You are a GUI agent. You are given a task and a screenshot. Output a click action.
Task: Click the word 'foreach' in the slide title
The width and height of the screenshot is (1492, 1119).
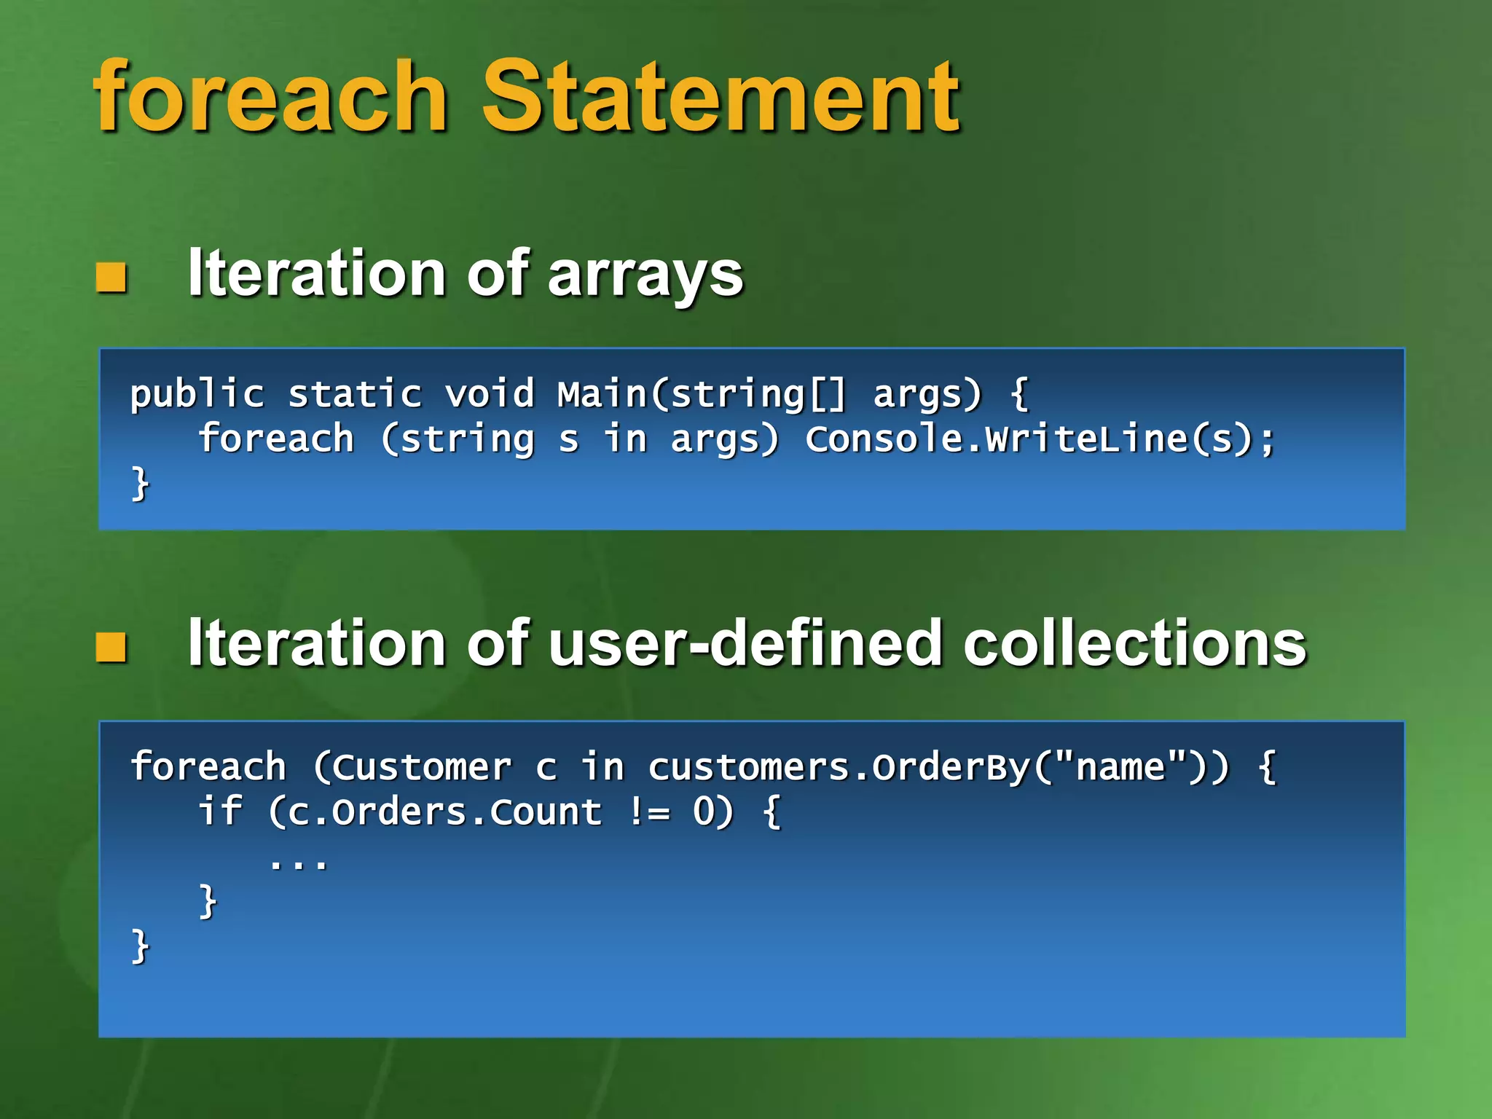pyautogui.click(x=270, y=96)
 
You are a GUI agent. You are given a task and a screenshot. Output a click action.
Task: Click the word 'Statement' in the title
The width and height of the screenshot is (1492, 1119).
pyautogui.click(x=721, y=96)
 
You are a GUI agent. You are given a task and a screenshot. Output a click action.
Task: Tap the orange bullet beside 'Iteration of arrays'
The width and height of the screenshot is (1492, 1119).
pyautogui.click(x=111, y=277)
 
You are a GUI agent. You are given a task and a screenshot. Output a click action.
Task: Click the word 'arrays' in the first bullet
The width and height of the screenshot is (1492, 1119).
pyautogui.click(x=645, y=275)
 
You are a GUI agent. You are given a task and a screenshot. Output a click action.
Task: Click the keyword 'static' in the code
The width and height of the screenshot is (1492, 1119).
pyautogui.click(x=355, y=394)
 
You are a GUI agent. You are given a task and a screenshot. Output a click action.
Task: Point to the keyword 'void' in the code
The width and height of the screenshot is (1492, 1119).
pyautogui.click(x=490, y=394)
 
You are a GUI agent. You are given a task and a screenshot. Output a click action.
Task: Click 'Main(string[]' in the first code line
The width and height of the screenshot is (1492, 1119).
pyautogui.click(x=702, y=394)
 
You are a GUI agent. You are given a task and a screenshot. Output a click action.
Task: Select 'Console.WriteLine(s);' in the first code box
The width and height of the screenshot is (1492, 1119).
pyautogui.click(x=1040, y=439)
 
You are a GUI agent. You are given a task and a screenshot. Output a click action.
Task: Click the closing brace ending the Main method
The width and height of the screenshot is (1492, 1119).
pyautogui.click(x=140, y=484)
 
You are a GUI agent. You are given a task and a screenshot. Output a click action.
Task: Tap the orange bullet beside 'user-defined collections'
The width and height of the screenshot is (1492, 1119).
pyautogui.click(x=111, y=647)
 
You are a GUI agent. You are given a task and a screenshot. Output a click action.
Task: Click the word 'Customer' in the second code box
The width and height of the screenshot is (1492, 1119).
pyautogui.click(x=413, y=767)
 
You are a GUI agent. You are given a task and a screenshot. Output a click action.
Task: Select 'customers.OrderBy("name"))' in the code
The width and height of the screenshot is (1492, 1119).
pyautogui.click(x=938, y=767)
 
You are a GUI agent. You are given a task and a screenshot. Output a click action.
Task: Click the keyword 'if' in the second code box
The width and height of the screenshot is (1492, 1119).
pyautogui.click(x=220, y=812)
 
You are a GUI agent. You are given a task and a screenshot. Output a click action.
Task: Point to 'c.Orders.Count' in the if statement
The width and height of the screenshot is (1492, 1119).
pyautogui.click(x=445, y=812)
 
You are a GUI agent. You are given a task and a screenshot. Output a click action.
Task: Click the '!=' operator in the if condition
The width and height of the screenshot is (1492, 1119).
pyautogui.click(x=648, y=812)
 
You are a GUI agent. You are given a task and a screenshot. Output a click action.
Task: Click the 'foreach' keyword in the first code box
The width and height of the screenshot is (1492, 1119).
pyautogui.click(x=276, y=439)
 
